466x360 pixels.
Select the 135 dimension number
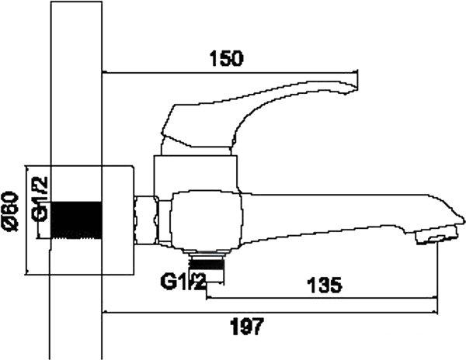click(323, 285)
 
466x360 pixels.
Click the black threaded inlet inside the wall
click(78, 220)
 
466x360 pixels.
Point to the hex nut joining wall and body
click(146, 220)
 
